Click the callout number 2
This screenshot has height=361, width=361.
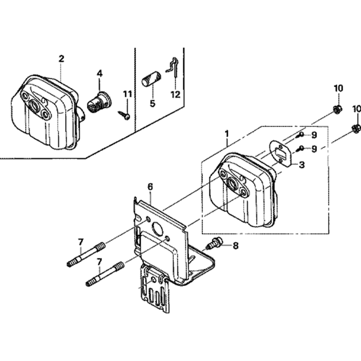[61, 58]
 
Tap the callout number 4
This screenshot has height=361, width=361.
[99, 73]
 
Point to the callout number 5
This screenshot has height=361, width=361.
[152, 103]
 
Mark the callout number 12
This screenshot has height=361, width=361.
[175, 95]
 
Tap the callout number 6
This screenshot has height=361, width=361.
[150, 187]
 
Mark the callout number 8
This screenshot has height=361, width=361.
[236, 245]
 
